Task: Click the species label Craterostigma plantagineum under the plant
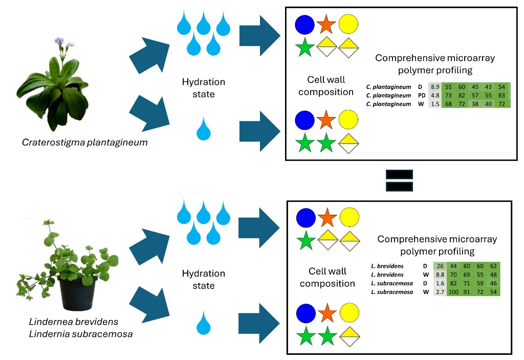84,142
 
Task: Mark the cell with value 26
440,266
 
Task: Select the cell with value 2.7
440,291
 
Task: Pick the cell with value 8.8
440,275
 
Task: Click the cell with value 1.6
440,283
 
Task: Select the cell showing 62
493,266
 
